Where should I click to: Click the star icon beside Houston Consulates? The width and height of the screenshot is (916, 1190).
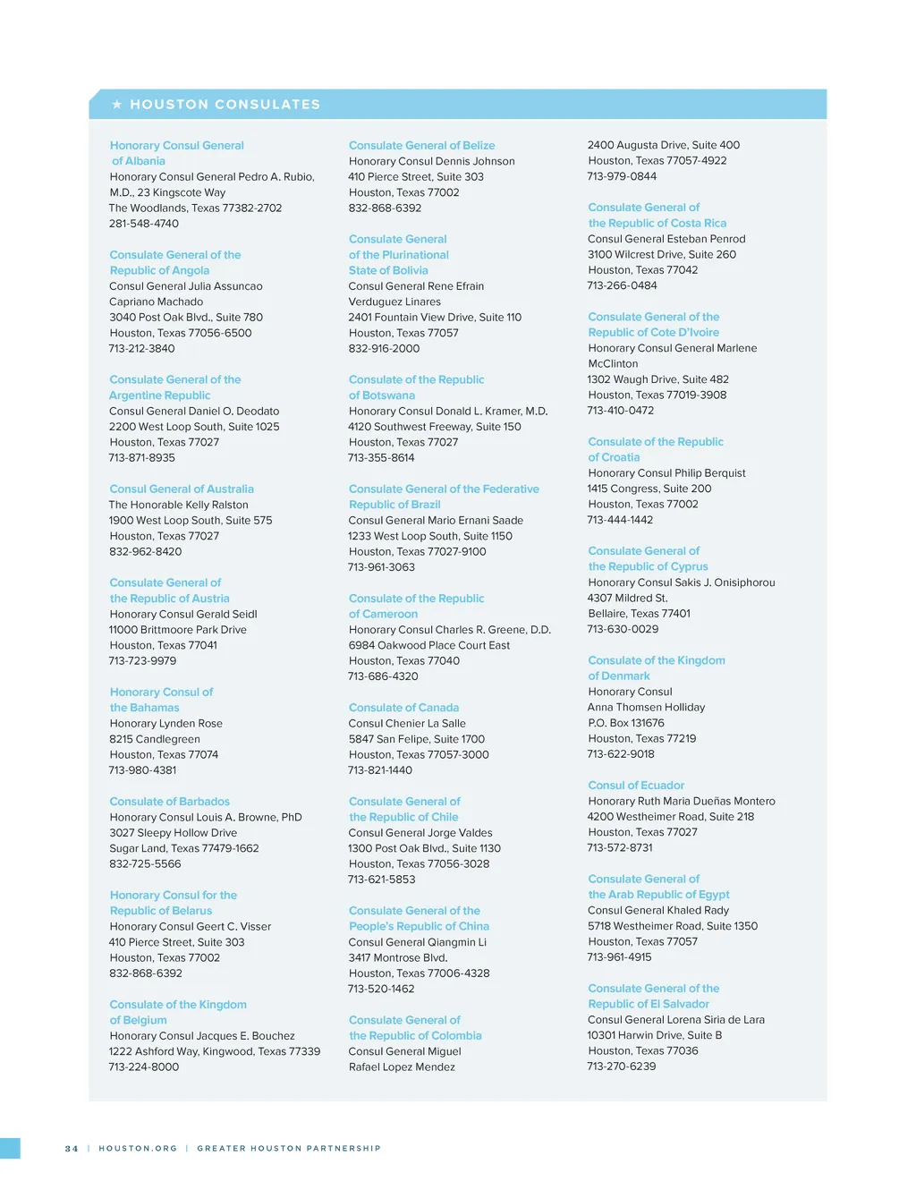[x=117, y=105]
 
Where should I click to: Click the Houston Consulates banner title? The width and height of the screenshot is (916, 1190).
[x=225, y=105]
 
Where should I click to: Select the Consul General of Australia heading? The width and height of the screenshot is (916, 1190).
[x=182, y=489]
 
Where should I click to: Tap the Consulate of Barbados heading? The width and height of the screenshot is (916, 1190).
[x=169, y=802]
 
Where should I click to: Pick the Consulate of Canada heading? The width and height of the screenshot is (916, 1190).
[x=403, y=708]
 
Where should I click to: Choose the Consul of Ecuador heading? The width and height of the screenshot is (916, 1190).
[x=636, y=786]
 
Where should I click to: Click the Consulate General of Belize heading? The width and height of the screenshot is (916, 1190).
[x=421, y=146]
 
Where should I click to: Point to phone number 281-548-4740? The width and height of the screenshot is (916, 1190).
[x=144, y=224]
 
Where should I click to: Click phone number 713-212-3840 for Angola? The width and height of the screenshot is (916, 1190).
[x=141, y=349]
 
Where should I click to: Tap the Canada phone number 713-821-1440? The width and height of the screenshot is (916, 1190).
[x=380, y=770]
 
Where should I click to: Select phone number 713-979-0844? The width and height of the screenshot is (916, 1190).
[x=622, y=176]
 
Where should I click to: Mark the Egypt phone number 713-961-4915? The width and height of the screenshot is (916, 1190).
[x=619, y=957]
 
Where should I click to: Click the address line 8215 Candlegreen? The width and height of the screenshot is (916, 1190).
[x=155, y=739]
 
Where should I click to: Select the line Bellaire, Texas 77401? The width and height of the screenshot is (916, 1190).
[x=639, y=614]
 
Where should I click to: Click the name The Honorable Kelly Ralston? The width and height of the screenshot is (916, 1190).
[x=178, y=505]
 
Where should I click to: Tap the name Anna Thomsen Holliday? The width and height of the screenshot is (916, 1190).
[x=646, y=708]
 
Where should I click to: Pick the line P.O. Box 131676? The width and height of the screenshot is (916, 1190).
[x=626, y=723]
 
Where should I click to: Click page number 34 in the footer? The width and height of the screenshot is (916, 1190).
[x=72, y=1149]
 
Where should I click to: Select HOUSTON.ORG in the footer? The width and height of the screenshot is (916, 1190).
[x=138, y=1149]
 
